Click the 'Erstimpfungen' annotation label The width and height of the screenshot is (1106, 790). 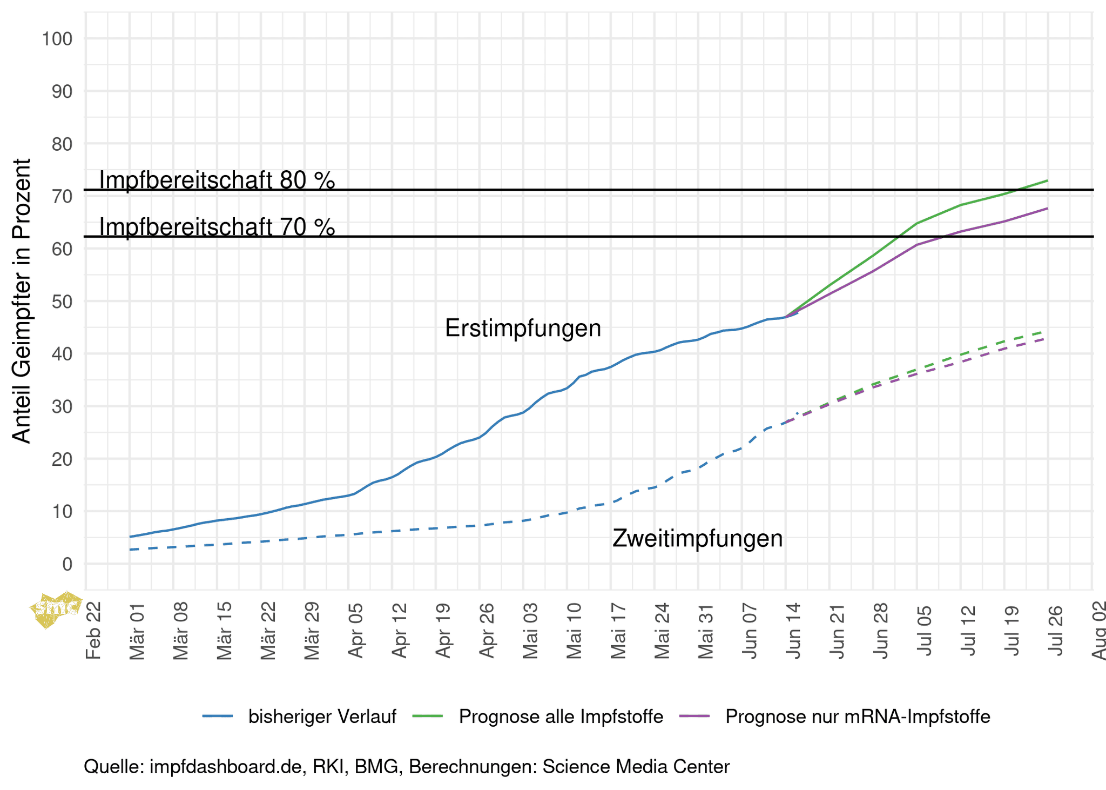point(523,329)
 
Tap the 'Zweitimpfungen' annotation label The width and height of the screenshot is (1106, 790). point(697,539)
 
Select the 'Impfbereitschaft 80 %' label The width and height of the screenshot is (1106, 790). point(217,180)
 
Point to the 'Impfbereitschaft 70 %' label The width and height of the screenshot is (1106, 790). point(217,227)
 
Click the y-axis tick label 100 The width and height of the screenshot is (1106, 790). point(56,39)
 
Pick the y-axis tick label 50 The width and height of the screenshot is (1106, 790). point(61,302)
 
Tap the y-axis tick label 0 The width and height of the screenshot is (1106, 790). point(67,564)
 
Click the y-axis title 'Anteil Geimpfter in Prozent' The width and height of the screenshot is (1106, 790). point(22,301)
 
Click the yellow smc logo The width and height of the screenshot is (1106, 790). point(56,610)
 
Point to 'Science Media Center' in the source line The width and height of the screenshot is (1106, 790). point(636,767)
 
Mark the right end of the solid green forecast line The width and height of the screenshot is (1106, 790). point(1047,180)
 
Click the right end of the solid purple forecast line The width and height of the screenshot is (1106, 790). point(1047,208)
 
